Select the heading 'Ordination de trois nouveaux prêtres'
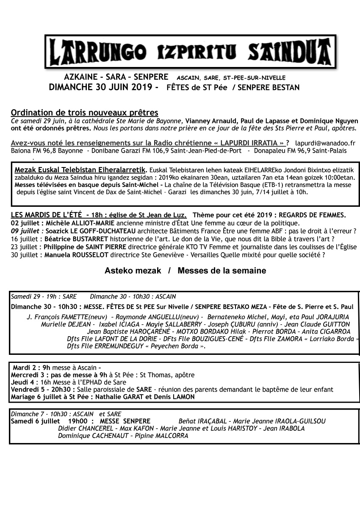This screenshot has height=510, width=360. (x=85, y=112)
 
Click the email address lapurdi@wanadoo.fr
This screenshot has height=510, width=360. (x=325, y=143)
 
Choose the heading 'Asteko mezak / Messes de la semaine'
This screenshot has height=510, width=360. (x=185, y=270)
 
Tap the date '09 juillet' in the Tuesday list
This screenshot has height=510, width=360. (x=24, y=231)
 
